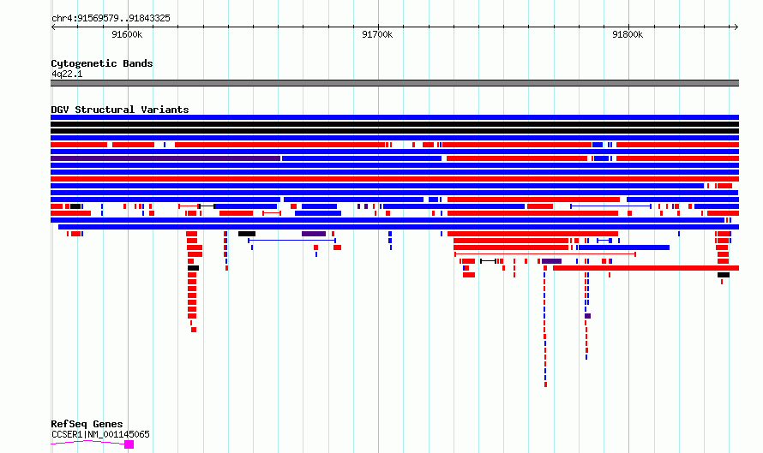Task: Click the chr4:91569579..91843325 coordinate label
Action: (x=111, y=19)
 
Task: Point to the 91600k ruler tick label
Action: (x=127, y=34)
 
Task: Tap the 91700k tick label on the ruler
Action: (x=377, y=34)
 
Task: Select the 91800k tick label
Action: (x=628, y=34)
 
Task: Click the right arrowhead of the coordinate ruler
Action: (x=736, y=27)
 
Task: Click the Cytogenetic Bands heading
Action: (x=102, y=63)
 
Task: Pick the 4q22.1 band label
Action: (x=67, y=74)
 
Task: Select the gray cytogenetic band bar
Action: (x=394, y=83)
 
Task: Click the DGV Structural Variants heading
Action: (x=120, y=110)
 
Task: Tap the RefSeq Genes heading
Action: (x=87, y=424)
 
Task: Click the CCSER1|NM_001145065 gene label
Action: (x=100, y=434)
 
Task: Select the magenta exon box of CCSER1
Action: (x=129, y=444)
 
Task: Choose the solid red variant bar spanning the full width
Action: (x=394, y=179)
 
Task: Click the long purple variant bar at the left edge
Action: (x=165, y=158)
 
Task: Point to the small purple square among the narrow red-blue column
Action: (x=588, y=316)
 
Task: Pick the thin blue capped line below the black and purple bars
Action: (x=292, y=241)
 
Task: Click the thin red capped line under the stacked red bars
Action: (x=545, y=254)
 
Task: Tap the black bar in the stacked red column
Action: (x=193, y=268)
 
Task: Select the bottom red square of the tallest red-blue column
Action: (x=545, y=385)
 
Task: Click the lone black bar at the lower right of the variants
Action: (x=724, y=275)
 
